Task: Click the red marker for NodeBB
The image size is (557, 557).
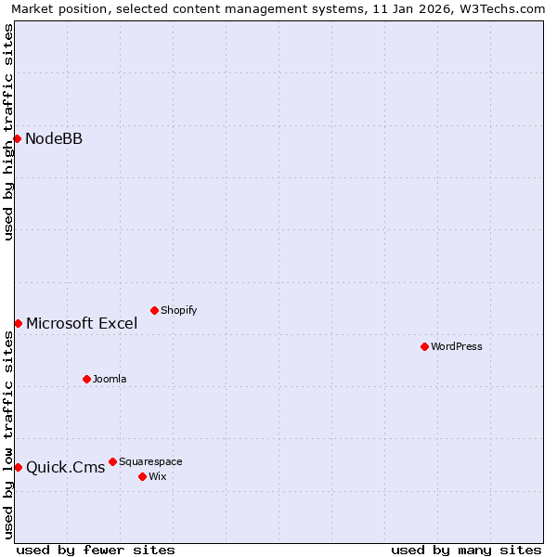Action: point(17,139)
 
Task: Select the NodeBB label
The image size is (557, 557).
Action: point(54,139)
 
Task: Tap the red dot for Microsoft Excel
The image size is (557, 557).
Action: point(18,323)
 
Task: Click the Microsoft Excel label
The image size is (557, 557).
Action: point(82,324)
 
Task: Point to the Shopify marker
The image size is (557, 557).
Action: point(154,310)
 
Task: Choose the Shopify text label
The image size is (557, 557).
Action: point(178,310)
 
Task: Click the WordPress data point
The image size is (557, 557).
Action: point(424,346)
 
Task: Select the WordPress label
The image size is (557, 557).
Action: point(456,346)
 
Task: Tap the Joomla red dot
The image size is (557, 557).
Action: point(86,379)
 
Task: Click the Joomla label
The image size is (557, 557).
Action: point(110,379)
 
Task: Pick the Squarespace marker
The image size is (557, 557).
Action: point(112,461)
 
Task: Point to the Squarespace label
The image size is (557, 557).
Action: point(150,461)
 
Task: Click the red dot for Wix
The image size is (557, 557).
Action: point(142,476)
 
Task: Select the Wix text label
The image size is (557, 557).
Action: point(157,476)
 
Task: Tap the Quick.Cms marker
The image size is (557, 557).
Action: point(18,467)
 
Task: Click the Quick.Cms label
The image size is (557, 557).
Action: point(65,467)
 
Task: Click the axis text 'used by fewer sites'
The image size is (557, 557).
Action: point(96,550)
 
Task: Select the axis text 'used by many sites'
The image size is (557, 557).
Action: point(466,550)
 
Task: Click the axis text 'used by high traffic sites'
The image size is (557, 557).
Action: point(9,132)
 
